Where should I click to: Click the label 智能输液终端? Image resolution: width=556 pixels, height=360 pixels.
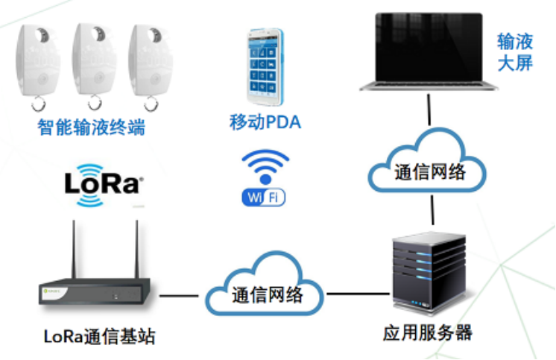pos(91,127)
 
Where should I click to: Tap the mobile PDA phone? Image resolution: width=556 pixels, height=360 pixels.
pos(265,67)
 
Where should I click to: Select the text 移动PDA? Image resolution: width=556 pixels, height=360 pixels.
pos(265,121)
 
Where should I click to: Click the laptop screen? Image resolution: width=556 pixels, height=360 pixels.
pos(428,45)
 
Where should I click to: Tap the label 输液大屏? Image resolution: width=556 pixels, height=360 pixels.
pos(515,51)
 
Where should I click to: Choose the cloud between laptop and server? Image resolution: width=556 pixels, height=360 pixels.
pos(428,171)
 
